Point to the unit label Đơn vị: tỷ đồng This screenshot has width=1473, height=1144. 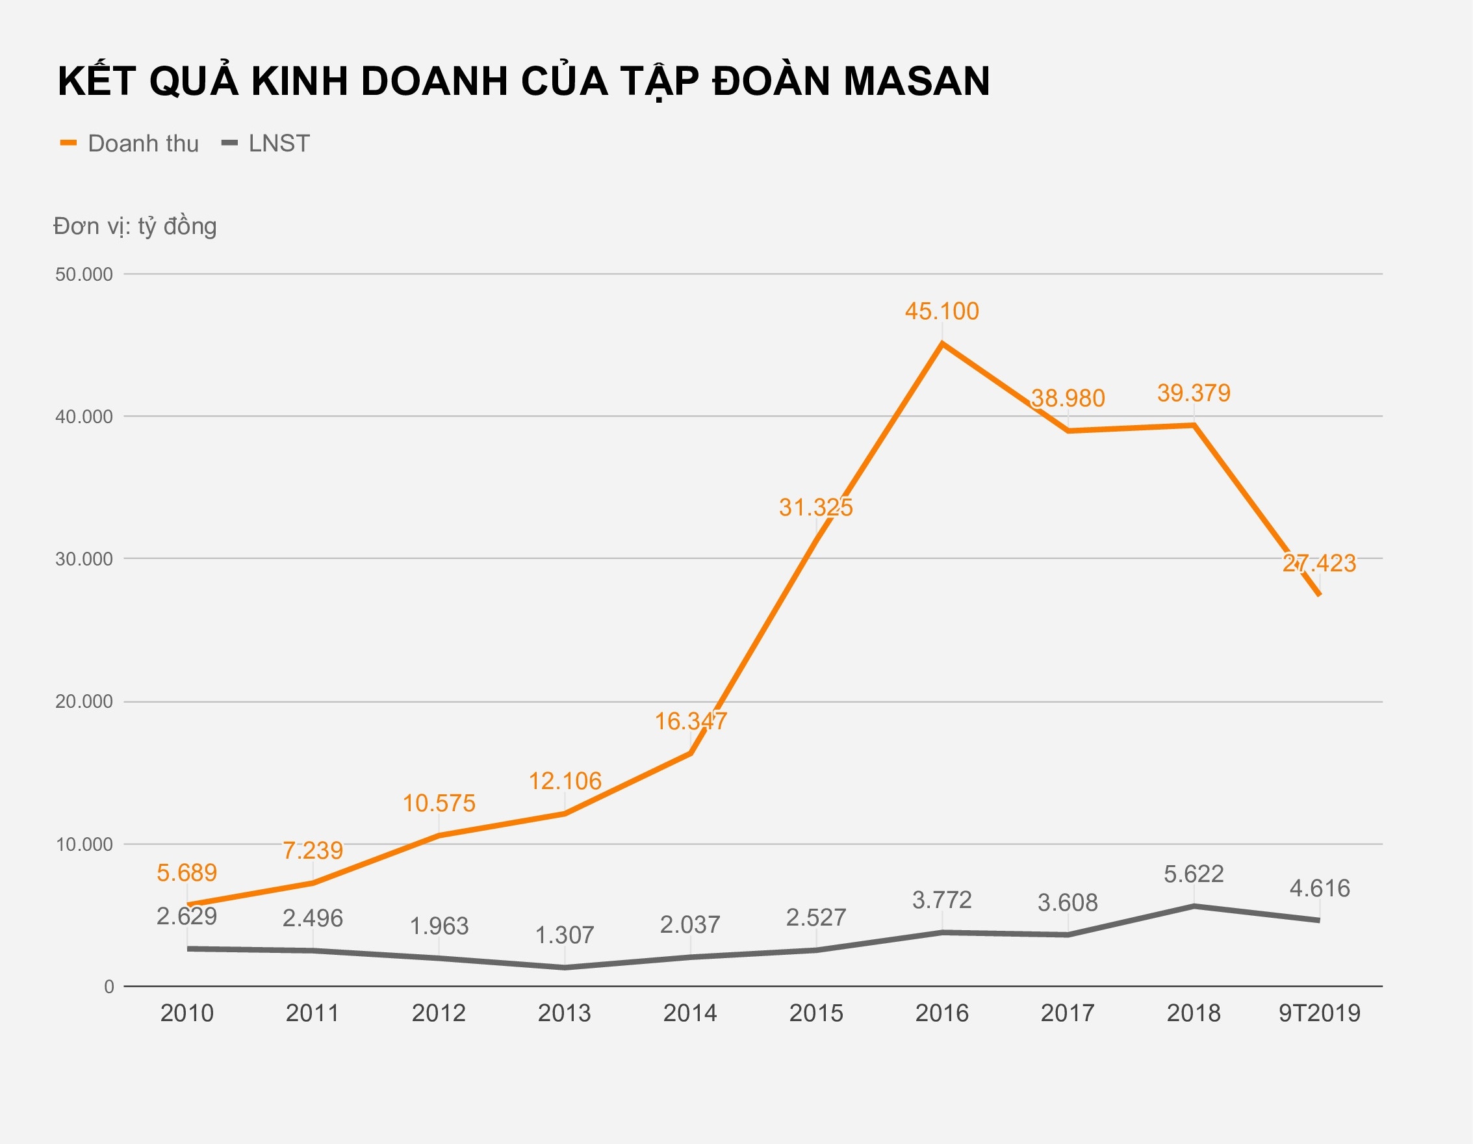(x=135, y=226)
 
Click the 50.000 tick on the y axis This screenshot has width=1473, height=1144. (x=84, y=274)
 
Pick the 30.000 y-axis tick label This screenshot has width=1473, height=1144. (x=84, y=559)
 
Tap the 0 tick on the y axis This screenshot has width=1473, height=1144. (x=109, y=987)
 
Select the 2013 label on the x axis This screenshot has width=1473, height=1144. (x=564, y=1013)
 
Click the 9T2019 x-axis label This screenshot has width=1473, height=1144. (x=1319, y=1013)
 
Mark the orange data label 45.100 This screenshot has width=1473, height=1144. (x=941, y=311)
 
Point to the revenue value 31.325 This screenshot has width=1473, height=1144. (x=815, y=507)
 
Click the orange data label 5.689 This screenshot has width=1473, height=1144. (x=187, y=873)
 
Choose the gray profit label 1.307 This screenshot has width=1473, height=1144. (x=564, y=935)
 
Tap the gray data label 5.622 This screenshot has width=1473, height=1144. (x=1193, y=874)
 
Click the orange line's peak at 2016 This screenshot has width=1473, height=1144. (x=942, y=344)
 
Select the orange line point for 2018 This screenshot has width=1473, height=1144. (x=1194, y=425)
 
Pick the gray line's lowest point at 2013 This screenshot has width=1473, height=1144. (x=565, y=967)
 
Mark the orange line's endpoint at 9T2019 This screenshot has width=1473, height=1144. (x=1318, y=594)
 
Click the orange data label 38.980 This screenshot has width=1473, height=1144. (x=1068, y=398)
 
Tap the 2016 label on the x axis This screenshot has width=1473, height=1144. (x=941, y=1013)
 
